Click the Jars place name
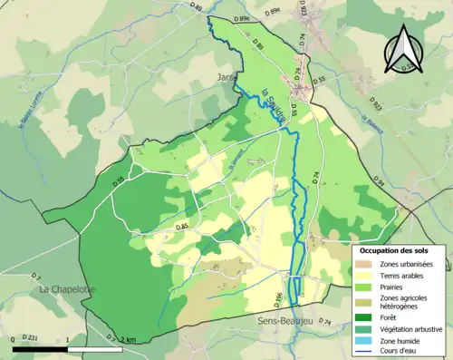click(226, 78)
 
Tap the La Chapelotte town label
click(66, 289)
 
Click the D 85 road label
click(182, 226)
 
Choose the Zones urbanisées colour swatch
click(367, 264)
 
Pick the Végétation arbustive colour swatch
click(367, 329)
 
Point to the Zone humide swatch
click(367, 340)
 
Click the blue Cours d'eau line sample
click(367, 351)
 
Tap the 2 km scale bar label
click(127, 338)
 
